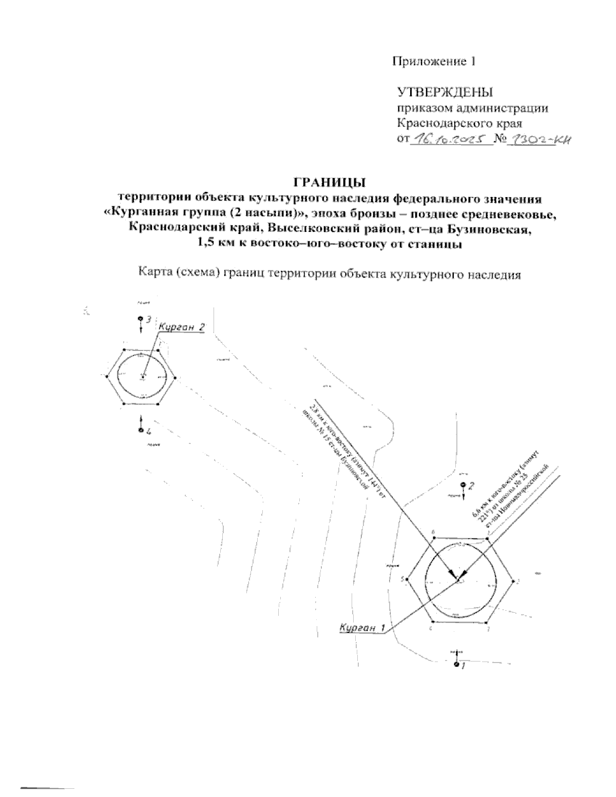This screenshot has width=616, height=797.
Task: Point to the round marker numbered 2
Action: coord(463,484)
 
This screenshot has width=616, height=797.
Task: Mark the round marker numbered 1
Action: coord(456,666)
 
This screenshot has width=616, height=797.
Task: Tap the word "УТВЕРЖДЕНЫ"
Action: coord(445,93)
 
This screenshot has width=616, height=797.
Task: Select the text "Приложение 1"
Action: coord(434,62)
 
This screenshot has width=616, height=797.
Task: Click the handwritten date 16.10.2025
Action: coord(450,139)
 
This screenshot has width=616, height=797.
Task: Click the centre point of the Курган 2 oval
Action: coord(143,377)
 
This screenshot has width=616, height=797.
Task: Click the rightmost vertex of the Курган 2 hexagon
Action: coord(176,378)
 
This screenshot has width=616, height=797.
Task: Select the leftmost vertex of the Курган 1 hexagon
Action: coord(409,580)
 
